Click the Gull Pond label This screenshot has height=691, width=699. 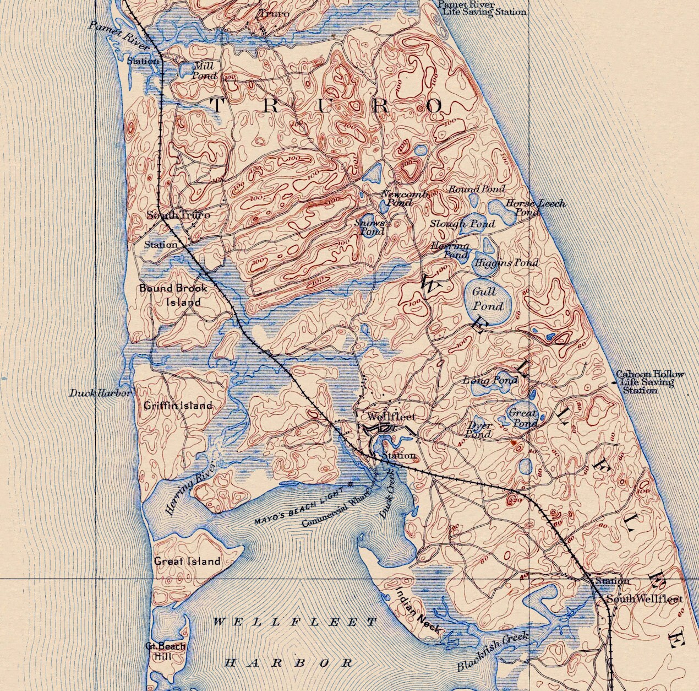(x=488, y=299)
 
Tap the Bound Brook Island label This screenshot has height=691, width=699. (x=173, y=295)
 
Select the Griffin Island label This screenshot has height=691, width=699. (x=178, y=406)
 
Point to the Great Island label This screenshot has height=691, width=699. (x=187, y=562)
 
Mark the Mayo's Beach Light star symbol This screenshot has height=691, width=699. (x=350, y=485)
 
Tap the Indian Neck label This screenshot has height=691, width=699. (x=418, y=609)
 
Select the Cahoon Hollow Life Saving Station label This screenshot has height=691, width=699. (x=649, y=382)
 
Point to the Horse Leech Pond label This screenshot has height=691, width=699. (x=535, y=207)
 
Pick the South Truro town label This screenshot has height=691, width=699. (x=178, y=215)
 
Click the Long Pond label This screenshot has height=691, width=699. (x=490, y=380)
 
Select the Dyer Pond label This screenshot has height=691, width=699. (x=478, y=430)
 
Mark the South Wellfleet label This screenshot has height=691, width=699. (x=644, y=599)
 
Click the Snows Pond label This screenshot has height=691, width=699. (x=370, y=227)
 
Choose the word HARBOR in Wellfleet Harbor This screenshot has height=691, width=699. (x=289, y=663)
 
